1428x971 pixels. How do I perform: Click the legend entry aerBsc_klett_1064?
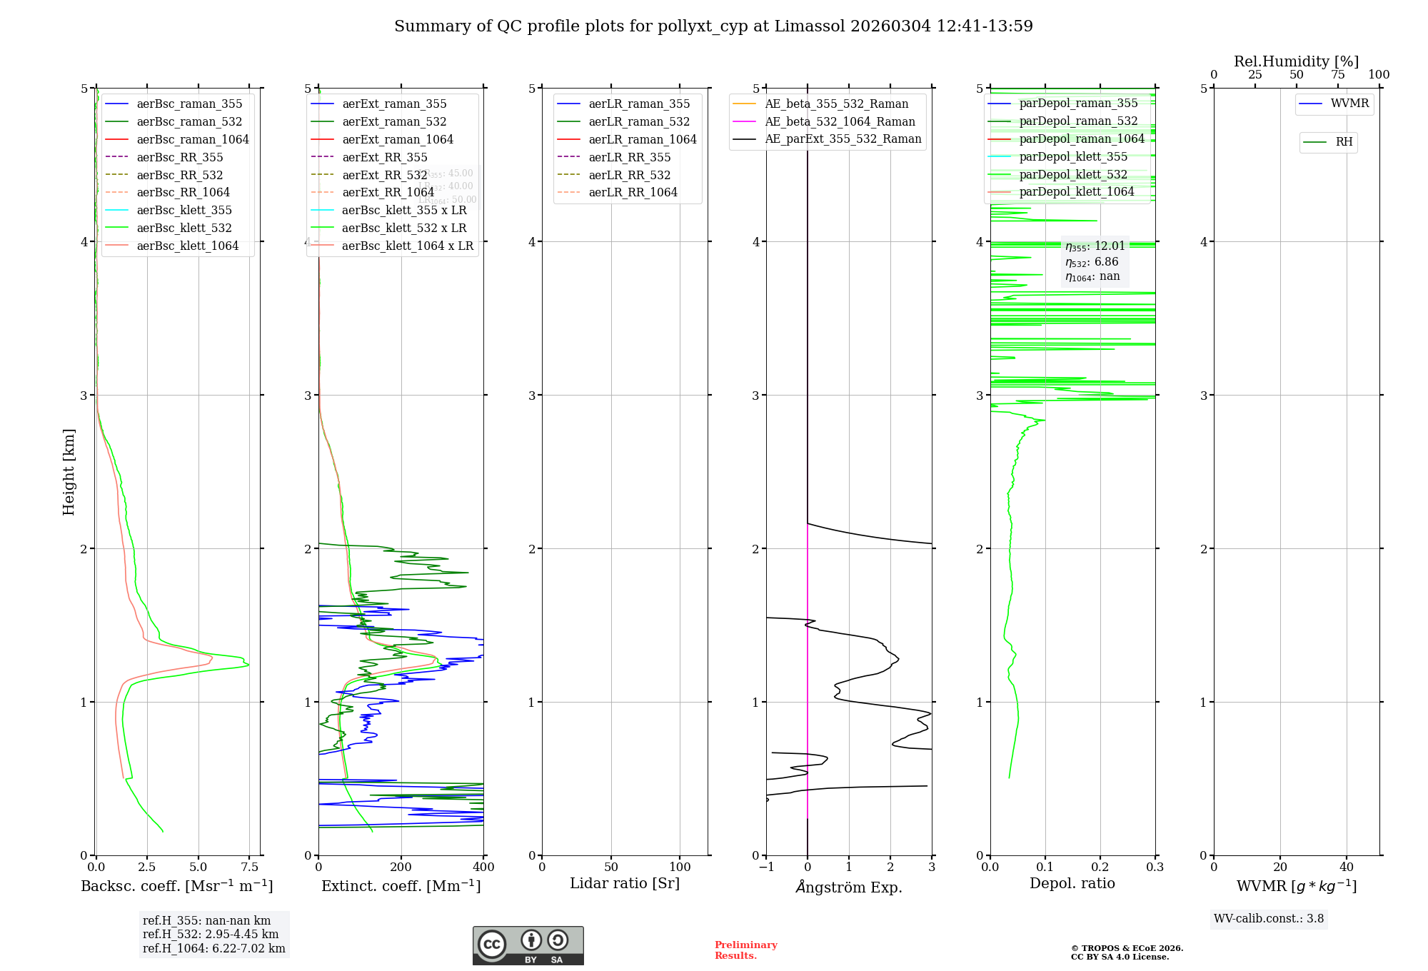click(187, 246)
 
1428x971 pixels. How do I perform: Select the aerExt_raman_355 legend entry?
click(394, 104)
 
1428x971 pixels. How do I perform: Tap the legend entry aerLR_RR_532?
click(629, 175)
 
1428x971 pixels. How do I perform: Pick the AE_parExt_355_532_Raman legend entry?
click(843, 139)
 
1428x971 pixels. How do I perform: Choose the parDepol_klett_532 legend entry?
click(1072, 174)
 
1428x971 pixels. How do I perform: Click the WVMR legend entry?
click(1349, 104)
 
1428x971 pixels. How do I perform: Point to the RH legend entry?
click(1344, 142)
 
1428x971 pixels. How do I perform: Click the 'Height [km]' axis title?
click(69, 472)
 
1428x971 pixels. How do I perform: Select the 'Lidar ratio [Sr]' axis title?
click(625, 883)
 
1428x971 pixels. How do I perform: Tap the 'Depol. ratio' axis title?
click(1072, 883)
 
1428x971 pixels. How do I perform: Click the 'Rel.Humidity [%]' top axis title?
click(1296, 61)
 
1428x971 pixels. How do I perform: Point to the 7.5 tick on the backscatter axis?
click(249, 867)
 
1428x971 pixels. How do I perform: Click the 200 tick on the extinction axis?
click(401, 867)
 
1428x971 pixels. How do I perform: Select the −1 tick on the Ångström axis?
click(766, 867)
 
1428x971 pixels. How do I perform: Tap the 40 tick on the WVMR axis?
click(1346, 867)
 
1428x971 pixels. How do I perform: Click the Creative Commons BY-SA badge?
click(528, 946)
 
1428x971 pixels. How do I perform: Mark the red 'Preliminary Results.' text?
click(745, 950)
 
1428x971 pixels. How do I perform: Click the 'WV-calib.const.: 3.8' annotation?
click(1269, 919)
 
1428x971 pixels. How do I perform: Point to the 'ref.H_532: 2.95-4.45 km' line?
click(211, 935)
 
